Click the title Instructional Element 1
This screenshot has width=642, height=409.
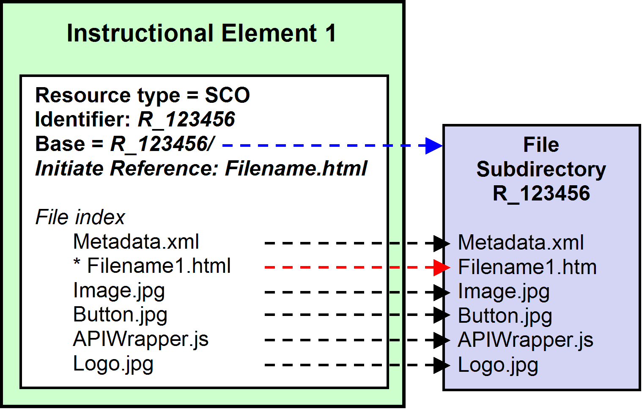(201, 33)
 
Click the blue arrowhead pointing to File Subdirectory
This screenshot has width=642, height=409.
(434, 145)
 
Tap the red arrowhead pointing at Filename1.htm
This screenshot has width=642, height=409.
(442, 267)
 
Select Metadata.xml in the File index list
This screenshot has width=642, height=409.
(136, 242)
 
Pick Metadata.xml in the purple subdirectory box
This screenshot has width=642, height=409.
(521, 242)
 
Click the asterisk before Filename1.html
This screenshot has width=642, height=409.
(77, 262)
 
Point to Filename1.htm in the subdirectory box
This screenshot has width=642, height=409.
(527, 267)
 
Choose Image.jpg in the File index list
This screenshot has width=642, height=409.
(119, 291)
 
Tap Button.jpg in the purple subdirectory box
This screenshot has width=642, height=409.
(505, 316)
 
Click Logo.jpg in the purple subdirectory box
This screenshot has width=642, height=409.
(498, 365)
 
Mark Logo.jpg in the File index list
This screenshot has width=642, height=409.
(113, 364)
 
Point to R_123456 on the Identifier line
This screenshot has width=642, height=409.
(186, 120)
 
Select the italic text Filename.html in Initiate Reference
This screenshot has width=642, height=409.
(296, 168)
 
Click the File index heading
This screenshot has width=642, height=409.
(80, 217)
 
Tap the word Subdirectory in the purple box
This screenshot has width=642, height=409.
(541, 170)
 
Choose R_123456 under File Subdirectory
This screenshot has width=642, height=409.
(541, 194)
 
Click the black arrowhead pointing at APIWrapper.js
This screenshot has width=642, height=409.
(442, 340)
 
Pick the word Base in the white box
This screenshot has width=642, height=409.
(60, 144)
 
